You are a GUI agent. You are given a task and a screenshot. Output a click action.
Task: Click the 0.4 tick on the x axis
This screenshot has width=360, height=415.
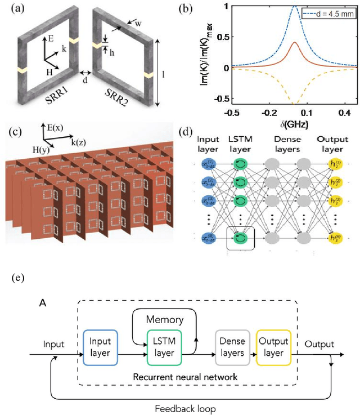pyautogui.click(x=336, y=113)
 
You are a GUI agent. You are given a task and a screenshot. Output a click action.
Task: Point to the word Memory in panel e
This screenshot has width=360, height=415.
pyautogui.click(x=165, y=320)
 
